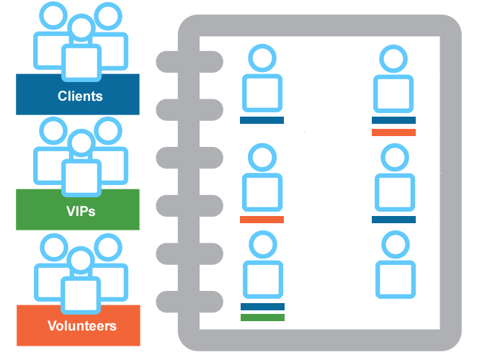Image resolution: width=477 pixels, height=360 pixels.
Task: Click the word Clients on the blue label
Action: pyautogui.click(x=80, y=96)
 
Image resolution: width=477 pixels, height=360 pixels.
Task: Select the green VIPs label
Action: pyautogui.click(x=78, y=211)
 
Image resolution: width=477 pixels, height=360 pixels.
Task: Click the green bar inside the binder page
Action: pyautogui.click(x=262, y=318)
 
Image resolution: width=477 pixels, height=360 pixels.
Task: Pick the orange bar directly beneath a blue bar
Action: pyautogui.click(x=393, y=132)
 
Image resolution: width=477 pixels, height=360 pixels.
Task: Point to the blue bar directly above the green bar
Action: pyautogui.click(x=262, y=306)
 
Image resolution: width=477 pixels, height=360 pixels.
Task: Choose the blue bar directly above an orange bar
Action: pyautogui.click(x=393, y=120)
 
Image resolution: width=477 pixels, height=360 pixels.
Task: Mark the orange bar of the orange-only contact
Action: pyautogui.click(x=262, y=220)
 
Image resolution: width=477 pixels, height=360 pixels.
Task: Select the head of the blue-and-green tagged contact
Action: pyautogui.click(x=262, y=243)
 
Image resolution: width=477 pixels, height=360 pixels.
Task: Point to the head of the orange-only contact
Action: pyautogui.click(x=262, y=156)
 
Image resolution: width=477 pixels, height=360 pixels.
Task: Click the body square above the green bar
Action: pyautogui.click(x=262, y=279)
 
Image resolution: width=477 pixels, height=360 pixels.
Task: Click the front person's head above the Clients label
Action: pyautogui.click(x=81, y=29)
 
